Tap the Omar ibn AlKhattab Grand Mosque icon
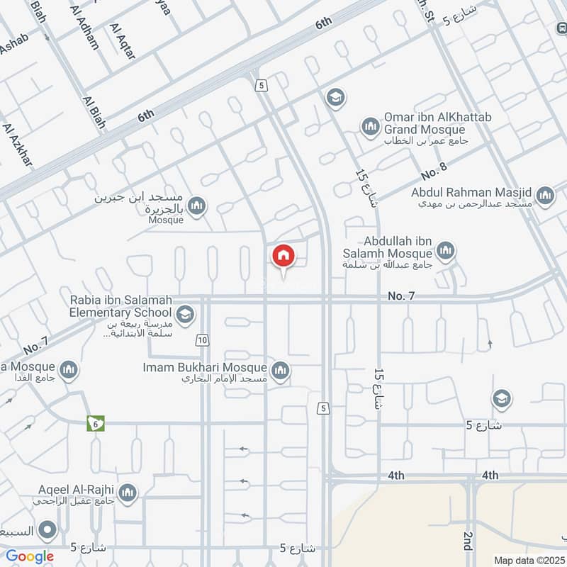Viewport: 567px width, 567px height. coord(370,128)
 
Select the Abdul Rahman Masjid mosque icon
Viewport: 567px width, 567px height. coord(545,196)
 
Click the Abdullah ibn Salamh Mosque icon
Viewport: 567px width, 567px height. coord(446,249)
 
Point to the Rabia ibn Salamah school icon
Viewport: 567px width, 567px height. coord(185,314)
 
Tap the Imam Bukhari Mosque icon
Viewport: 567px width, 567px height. coord(281,370)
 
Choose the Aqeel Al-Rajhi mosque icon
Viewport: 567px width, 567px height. coord(128,493)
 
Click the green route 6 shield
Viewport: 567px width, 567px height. coord(96,423)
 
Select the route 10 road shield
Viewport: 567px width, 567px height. coord(203,341)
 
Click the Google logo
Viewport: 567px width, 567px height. coord(30,556)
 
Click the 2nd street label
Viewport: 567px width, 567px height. coord(468,541)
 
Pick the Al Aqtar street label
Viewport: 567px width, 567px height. coord(122,40)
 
